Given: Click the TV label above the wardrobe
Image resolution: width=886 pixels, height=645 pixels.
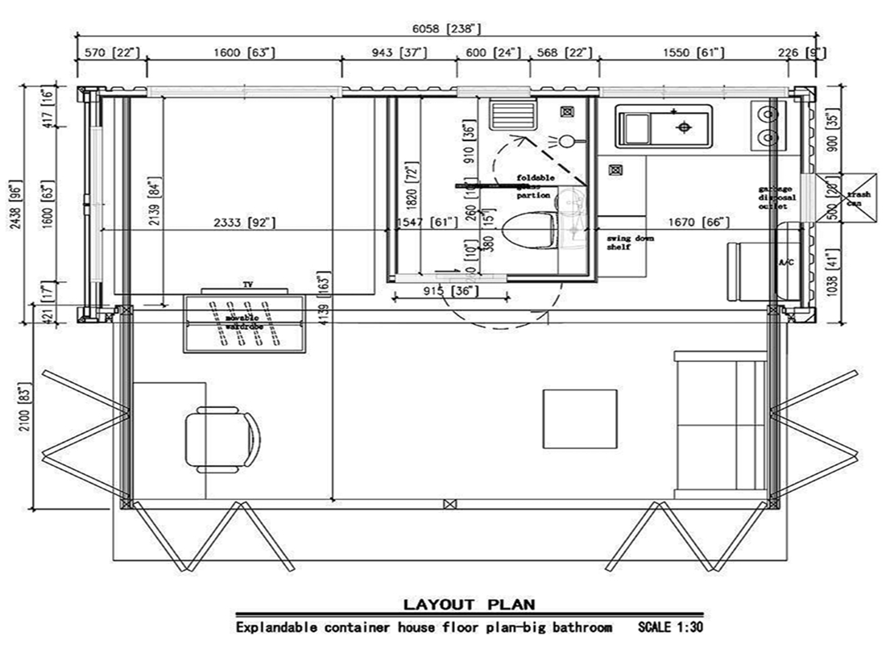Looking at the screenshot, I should coord(247,285).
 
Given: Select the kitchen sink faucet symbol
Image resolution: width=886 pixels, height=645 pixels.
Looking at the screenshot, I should coord(684,127).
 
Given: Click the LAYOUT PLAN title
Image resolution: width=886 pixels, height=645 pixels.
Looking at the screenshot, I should coord(468,605).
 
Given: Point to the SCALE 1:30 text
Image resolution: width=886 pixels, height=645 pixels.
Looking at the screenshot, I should coord(670,626).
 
